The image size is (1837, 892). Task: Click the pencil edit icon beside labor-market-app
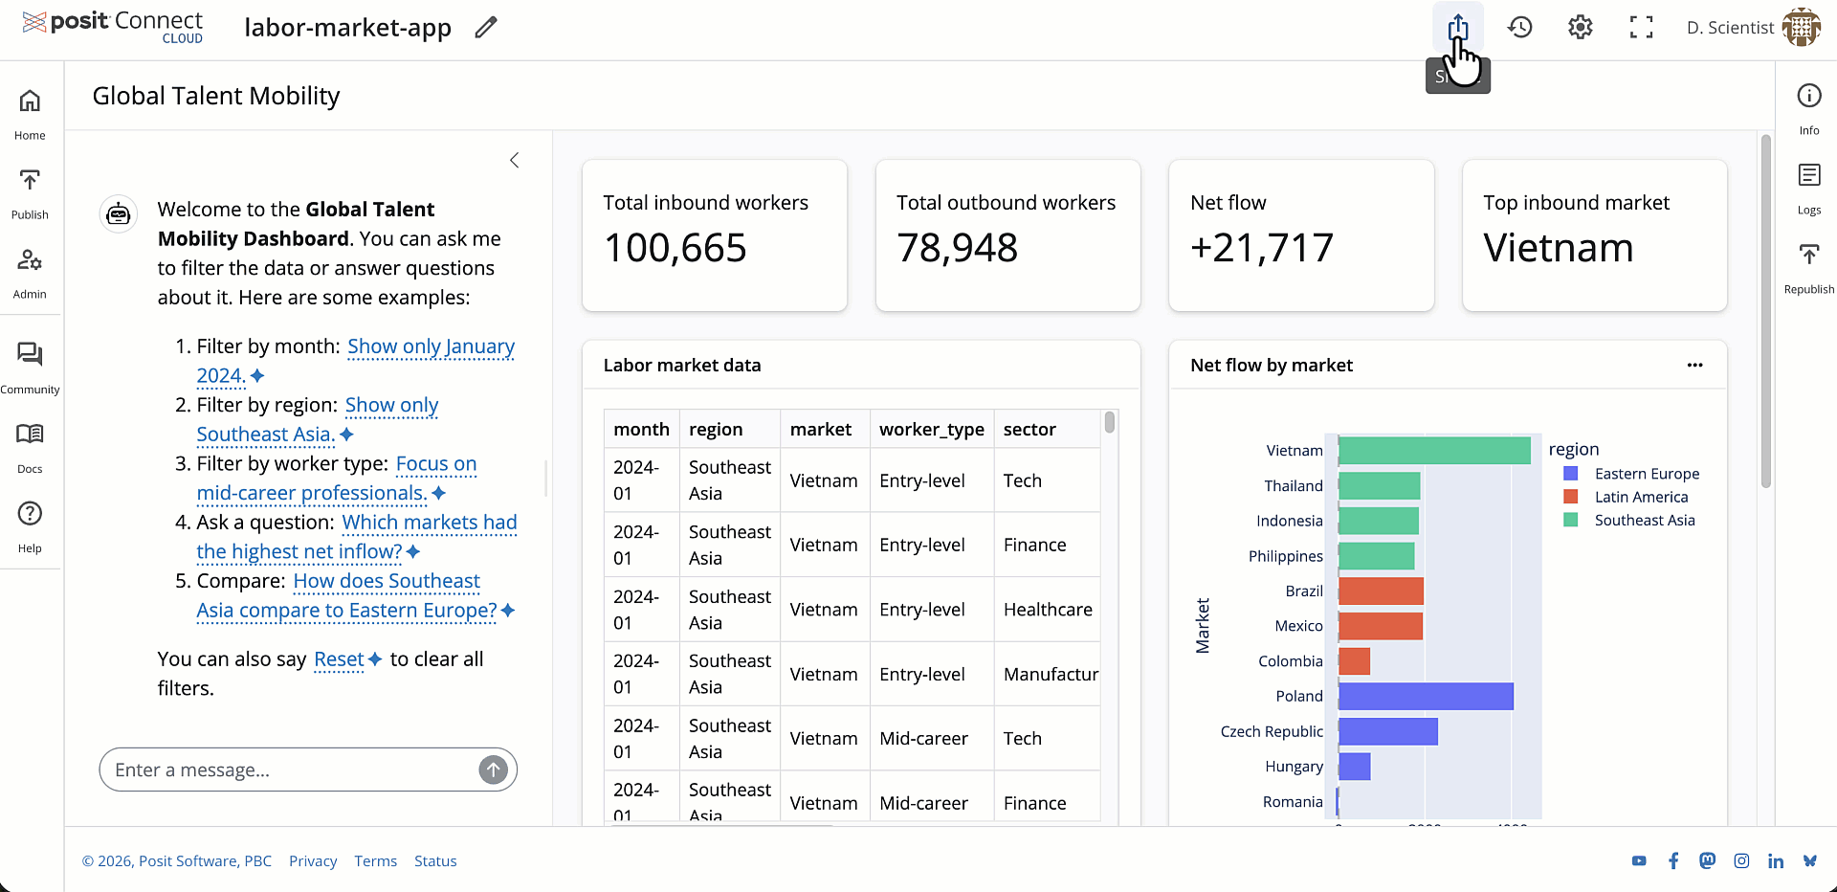click(486, 28)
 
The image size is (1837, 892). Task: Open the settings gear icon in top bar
click(1580, 28)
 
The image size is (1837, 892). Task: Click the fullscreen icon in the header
click(1641, 28)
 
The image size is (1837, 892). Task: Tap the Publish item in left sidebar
click(30, 192)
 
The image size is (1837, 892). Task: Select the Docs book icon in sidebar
click(30, 435)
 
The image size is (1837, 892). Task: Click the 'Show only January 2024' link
click(431, 347)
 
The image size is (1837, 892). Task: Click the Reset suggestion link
click(339, 659)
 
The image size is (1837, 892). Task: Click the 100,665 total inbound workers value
click(675, 249)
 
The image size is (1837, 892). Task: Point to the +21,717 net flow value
click(1261, 249)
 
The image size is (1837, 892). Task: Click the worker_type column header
click(931, 430)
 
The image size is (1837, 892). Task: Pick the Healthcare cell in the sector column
click(1047, 610)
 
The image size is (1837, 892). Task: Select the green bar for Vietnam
click(1433, 451)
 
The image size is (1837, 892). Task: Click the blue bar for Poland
click(1425, 697)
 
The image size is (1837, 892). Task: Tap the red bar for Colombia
click(1354, 661)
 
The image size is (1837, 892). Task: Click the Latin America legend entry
click(1640, 498)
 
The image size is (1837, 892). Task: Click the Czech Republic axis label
click(1271, 732)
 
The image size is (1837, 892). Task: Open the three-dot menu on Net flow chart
click(1694, 366)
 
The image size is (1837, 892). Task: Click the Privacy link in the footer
click(313, 861)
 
